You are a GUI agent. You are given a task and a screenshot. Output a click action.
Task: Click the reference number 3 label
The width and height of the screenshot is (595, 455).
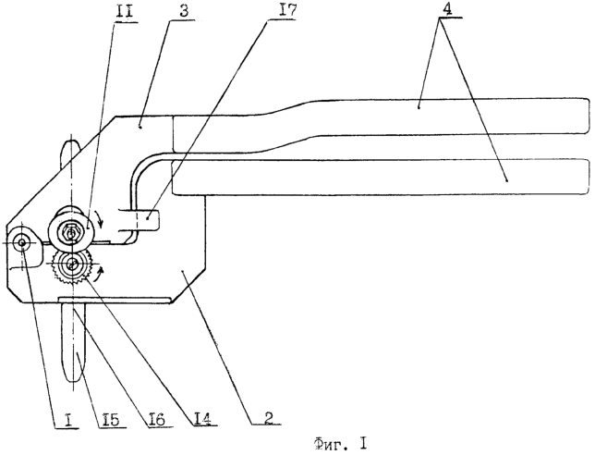(x=183, y=12)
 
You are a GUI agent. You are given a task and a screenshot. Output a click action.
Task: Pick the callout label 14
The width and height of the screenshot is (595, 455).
(x=204, y=418)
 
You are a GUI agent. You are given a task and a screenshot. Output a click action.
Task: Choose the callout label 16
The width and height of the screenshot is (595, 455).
(x=155, y=419)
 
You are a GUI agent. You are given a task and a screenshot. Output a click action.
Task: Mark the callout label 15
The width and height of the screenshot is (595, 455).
(x=110, y=420)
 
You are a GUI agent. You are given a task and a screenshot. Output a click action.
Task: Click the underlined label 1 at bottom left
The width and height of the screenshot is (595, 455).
(x=68, y=421)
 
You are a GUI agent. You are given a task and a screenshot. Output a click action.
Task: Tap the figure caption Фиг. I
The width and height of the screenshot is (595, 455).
(x=340, y=443)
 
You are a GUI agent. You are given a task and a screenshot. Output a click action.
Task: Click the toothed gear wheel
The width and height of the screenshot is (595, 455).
(x=71, y=266)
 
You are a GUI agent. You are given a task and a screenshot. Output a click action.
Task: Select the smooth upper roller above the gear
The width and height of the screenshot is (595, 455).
(x=70, y=231)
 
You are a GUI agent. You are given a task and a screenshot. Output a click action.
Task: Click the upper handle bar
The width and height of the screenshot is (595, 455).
(x=380, y=116)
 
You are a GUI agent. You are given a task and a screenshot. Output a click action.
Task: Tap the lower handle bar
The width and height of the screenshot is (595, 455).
(x=381, y=178)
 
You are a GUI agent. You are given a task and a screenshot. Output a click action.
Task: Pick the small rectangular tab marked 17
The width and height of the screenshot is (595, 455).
(x=147, y=220)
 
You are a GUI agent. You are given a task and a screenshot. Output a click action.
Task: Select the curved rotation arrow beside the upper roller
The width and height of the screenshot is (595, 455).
(x=99, y=219)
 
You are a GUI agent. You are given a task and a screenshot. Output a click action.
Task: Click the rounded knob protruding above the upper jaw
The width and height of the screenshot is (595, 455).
(x=70, y=154)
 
